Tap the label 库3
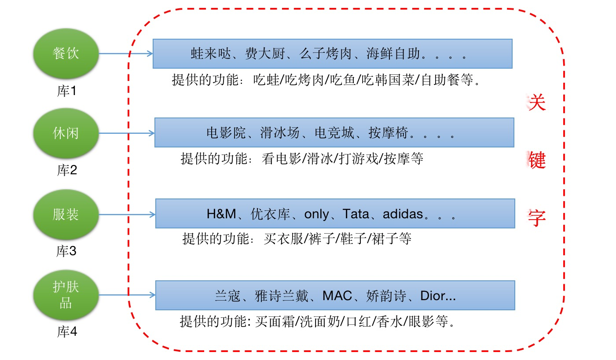(66, 252)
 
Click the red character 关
(536, 103)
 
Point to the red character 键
(536, 161)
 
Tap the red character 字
(536, 217)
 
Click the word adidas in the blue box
(403, 214)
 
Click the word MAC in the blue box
(337, 296)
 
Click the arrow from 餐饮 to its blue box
(125, 54)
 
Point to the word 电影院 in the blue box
(225, 133)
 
